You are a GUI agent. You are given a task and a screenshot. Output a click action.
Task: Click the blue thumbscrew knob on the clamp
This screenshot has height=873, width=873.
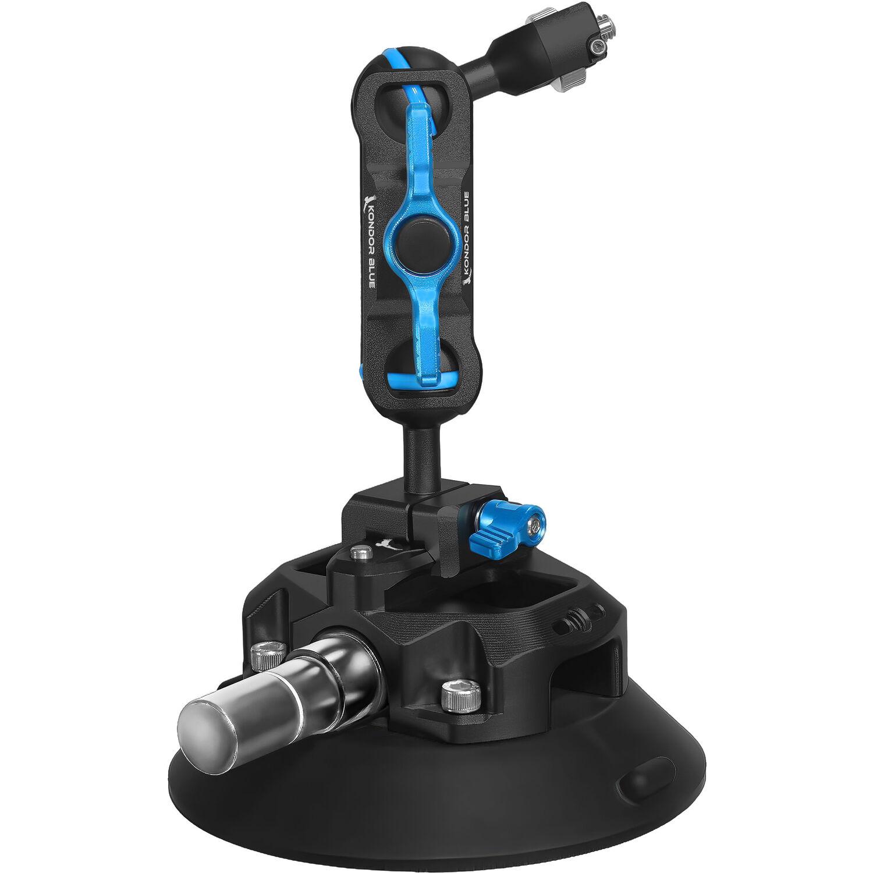point(512,521)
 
